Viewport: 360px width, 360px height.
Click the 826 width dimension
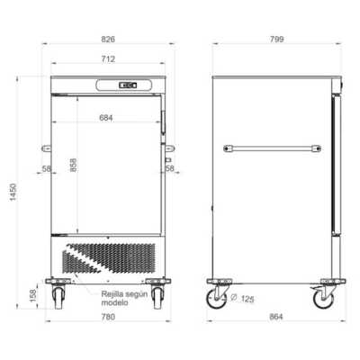[108, 40]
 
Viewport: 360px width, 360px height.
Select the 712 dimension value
[108, 59]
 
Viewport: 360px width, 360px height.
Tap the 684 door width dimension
[106, 118]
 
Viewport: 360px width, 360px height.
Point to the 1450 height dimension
[13, 192]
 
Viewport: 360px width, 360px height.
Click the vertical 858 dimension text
[73, 165]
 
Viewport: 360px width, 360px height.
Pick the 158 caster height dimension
[33, 295]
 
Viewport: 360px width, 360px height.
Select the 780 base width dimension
[108, 317]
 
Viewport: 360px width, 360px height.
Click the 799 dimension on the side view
[276, 40]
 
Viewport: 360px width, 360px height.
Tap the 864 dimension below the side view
[276, 317]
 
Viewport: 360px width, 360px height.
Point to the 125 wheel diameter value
[247, 299]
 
